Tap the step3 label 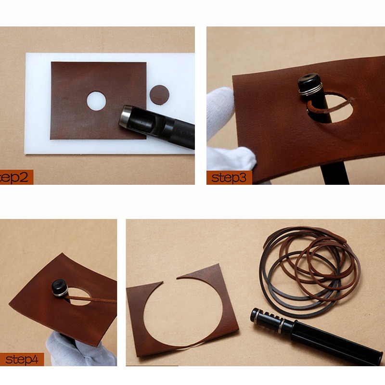[x=229, y=178]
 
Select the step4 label [x=22, y=359]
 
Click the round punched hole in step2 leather [x=96, y=101]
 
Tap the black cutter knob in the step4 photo [x=61, y=287]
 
